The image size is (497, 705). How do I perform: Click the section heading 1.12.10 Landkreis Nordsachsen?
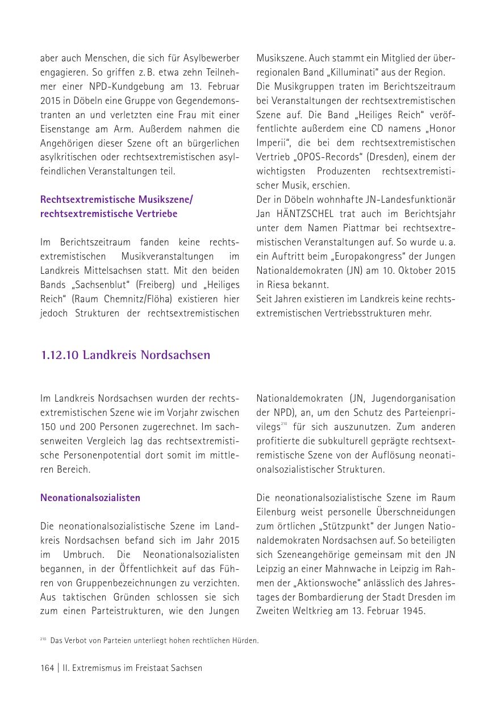(125, 356)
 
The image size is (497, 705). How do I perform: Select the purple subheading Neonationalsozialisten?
(90, 498)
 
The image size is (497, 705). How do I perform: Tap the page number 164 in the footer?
(47, 668)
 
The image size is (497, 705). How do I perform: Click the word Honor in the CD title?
(442, 129)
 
